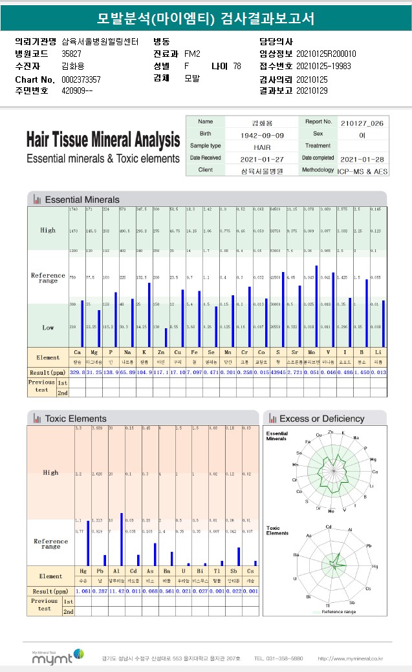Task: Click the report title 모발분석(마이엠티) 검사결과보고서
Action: point(206,18)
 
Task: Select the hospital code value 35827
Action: point(71,54)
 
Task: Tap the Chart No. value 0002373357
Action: point(81,79)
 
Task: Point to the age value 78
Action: point(237,66)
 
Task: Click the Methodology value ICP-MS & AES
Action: point(362,171)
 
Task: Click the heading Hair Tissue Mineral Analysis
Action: point(103,140)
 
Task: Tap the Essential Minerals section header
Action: point(81,199)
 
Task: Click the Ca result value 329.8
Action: point(77,373)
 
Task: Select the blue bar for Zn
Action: point(166,337)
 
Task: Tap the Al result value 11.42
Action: point(116,591)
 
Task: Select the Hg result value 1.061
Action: point(83,591)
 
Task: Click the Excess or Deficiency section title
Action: point(321,419)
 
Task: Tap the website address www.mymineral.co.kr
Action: point(350,658)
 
